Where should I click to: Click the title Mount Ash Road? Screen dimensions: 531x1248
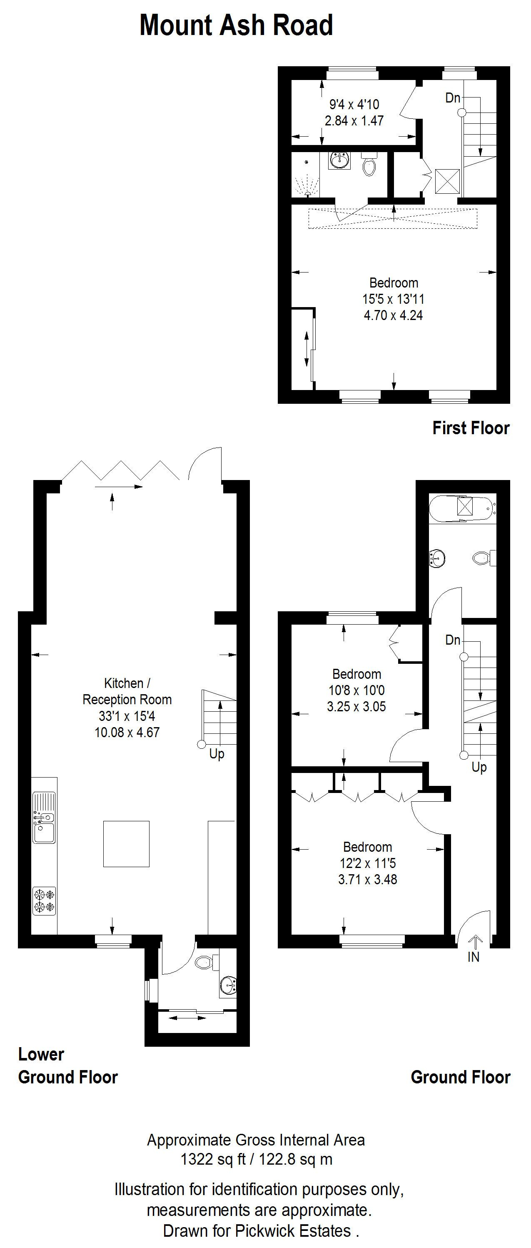236,25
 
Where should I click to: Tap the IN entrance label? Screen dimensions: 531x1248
474,956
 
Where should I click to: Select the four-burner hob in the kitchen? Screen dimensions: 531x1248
44,900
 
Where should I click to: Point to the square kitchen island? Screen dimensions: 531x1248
126,843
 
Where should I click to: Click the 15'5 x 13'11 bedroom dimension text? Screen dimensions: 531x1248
393,299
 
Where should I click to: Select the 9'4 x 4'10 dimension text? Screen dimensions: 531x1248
354,104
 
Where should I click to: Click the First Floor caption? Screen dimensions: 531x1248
471,428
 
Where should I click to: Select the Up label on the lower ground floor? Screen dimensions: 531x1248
217,754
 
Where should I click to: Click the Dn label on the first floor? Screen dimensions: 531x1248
453,98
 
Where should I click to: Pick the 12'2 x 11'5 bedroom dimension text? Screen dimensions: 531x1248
367,863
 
